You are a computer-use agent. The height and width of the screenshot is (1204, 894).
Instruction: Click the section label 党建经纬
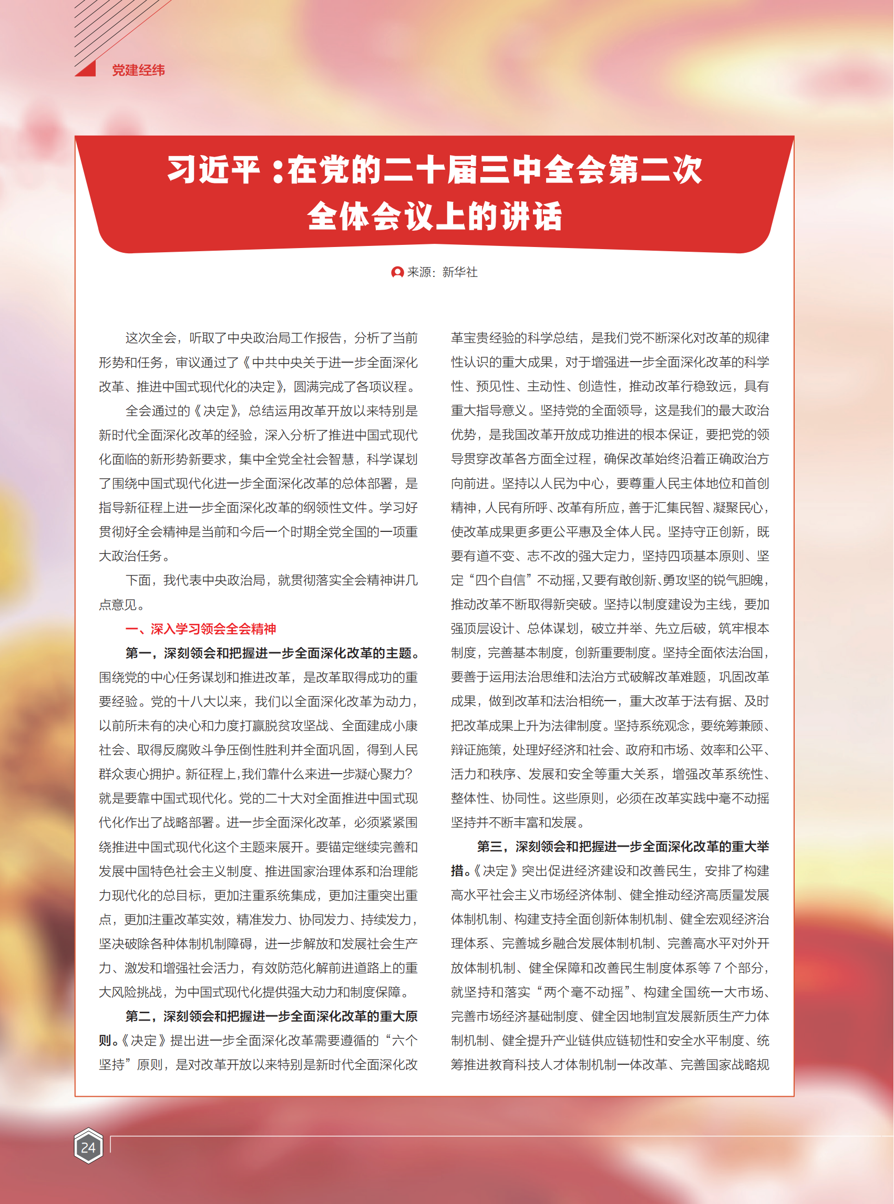(x=138, y=70)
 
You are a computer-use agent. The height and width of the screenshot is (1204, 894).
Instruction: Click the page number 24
(x=88, y=1147)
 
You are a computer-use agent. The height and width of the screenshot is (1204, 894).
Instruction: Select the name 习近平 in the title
(x=213, y=170)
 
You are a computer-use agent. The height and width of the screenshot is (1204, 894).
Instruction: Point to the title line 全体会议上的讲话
(x=435, y=217)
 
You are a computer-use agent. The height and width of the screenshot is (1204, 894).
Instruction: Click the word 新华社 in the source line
(x=459, y=272)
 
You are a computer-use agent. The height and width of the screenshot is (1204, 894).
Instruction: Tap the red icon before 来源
(x=397, y=272)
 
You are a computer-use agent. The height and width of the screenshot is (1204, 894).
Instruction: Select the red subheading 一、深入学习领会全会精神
(x=201, y=629)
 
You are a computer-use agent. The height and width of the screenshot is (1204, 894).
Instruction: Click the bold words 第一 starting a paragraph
(x=139, y=653)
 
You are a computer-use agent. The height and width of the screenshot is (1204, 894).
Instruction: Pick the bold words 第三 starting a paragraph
(x=490, y=847)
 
